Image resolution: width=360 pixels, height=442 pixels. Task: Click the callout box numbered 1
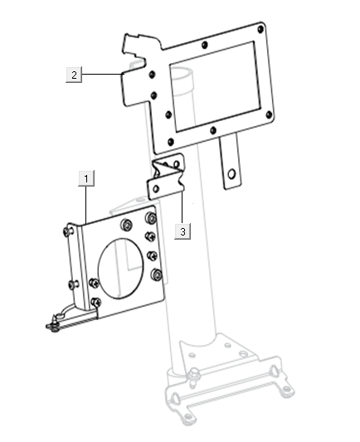tap(87, 177)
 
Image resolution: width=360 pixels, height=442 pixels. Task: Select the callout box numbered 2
tap(74, 75)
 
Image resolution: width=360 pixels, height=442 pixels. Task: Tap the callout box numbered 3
tap(182, 231)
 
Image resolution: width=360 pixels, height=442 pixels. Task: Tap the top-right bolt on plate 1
tap(150, 219)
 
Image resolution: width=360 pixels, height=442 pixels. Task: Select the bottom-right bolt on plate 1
tap(157, 275)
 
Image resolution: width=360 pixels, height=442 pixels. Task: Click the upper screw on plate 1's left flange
tap(67, 234)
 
